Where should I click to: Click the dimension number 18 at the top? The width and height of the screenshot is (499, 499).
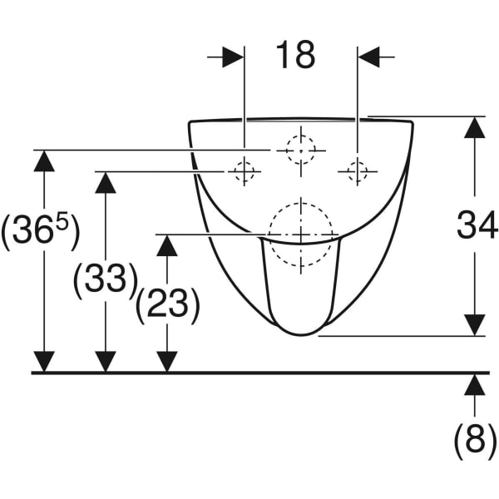[x=295, y=56]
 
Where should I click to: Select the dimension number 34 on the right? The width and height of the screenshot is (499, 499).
[x=477, y=225]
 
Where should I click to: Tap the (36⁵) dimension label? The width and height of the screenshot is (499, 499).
[x=40, y=230]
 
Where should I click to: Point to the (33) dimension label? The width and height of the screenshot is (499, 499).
[x=106, y=281]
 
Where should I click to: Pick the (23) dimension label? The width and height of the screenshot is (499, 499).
[x=168, y=306]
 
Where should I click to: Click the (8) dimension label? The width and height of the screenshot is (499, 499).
[x=475, y=442]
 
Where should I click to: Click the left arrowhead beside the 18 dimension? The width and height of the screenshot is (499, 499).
[x=233, y=57]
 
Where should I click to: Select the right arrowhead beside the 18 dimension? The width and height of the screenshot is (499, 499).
[x=368, y=57]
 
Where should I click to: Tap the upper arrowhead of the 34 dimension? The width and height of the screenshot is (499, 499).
[x=475, y=127]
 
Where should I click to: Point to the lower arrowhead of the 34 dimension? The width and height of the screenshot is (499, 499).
[x=475, y=325]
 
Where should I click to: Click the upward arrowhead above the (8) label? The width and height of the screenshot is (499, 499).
[x=475, y=385]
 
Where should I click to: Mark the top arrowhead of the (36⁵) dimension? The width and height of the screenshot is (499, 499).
[x=44, y=161]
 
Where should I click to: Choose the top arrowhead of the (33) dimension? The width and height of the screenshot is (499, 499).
[x=106, y=182]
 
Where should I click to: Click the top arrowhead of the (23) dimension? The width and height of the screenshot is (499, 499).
[x=167, y=245]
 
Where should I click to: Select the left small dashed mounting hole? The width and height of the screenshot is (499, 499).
[x=244, y=171]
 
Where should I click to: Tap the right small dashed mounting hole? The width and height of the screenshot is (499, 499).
[x=358, y=171]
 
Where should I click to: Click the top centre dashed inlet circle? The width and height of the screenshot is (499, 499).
[x=301, y=151]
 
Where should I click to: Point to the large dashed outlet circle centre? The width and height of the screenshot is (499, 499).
[x=301, y=235]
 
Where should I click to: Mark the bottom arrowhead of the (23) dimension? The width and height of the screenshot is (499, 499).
[x=167, y=362]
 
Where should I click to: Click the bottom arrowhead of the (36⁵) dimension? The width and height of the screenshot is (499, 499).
[x=44, y=362]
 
